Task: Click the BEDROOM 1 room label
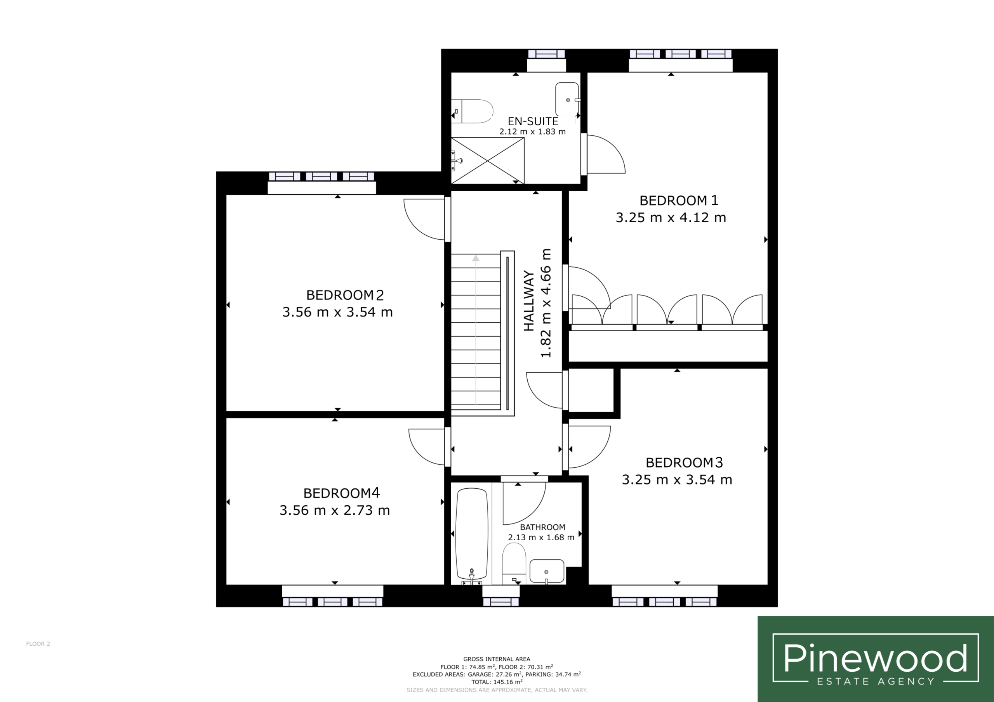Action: [679, 200]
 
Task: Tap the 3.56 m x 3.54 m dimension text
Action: [338, 312]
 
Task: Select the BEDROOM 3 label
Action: [684, 462]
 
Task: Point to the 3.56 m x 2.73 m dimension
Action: [335, 510]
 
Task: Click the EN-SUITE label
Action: [533, 121]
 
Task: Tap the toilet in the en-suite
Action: [472, 111]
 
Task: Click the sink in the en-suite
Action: [568, 100]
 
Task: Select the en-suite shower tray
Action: [487, 161]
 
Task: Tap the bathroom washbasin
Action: [547, 571]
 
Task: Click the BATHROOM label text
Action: [542, 527]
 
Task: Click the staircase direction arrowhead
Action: [476, 258]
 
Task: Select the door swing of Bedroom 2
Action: [424, 219]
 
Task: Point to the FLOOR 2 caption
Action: [38, 643]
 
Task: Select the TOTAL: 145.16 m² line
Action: [497, 682]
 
